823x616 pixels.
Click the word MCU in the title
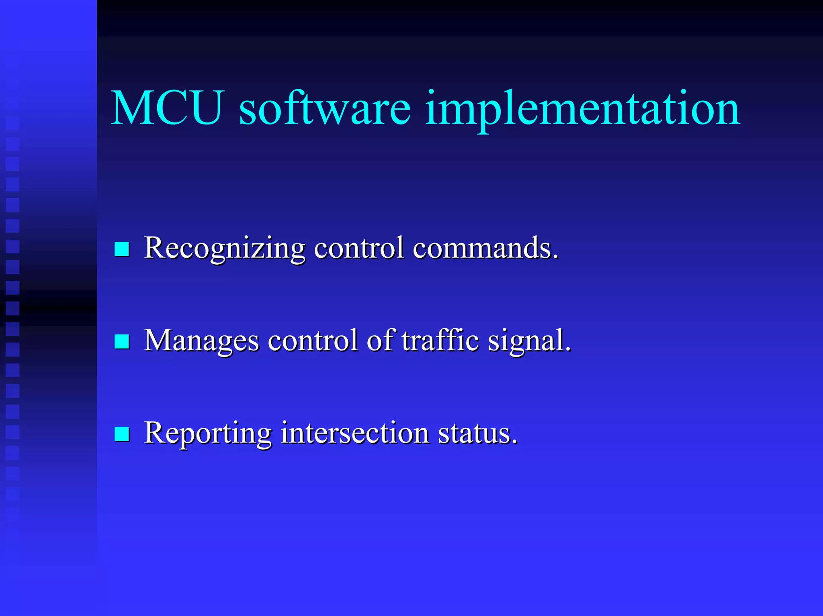166,108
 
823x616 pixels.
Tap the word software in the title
325,108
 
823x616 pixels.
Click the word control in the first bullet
359,248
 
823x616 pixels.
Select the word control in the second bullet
313,341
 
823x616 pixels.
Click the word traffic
440,341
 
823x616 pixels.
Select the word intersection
354,433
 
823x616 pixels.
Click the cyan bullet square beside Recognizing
122,249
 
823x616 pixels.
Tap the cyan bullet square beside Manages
122,342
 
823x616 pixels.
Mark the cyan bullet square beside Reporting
122,434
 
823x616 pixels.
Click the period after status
515,442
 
